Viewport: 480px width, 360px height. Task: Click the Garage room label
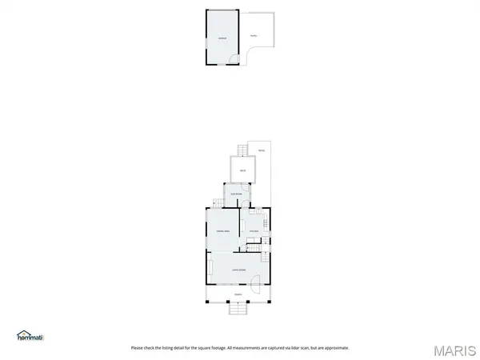222,38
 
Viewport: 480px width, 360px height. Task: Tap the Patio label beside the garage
254,36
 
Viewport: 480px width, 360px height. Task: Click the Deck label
242,171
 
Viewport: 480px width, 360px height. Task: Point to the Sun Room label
238,194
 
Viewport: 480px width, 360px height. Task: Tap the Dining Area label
223,231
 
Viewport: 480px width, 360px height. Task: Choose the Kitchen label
254,231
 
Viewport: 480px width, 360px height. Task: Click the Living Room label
238,270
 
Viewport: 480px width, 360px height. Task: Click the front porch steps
238,308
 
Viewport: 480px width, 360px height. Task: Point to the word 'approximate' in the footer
337,348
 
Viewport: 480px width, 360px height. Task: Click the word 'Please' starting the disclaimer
137,348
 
